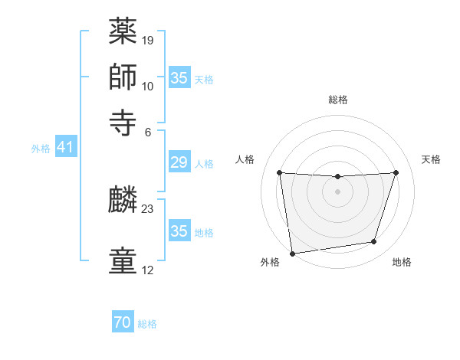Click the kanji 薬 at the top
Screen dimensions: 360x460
[x=123, y=33]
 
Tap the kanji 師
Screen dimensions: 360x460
[x=123, y=77]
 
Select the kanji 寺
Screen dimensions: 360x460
[x=123, y=122]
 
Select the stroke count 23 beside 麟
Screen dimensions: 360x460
[x=148, y=208]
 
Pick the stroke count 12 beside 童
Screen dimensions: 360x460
[x=148, y=270]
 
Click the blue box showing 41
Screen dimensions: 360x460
[x=65, y=147]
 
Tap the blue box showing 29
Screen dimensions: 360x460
[x=179, y=162]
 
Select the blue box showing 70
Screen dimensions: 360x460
[x=123, y=323]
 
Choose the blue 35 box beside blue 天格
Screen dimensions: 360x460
[x=179, y=78]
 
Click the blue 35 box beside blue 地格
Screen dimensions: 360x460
[x=179, y=231]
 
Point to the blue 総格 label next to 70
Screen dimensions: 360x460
[x=147, y=324]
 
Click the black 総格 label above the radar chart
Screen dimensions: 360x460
[x=337, y=100]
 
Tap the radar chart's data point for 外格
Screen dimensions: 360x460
[x=292, y=253]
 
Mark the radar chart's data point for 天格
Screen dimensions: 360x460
[x=396, y=172]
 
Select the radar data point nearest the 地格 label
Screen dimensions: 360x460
[x=374, y=242]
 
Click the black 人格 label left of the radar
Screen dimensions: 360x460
[x=245, y=159]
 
